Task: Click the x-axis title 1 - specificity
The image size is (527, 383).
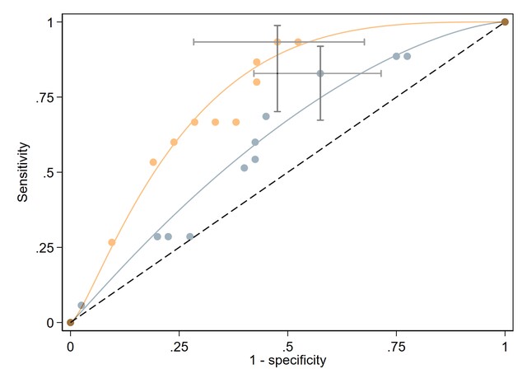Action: point(287,360)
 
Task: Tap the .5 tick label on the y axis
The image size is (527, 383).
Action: point(50,172)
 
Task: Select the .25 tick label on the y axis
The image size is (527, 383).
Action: point(48,247)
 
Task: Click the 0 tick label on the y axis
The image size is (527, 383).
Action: point(52,322)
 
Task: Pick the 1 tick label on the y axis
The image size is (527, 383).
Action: point(52,22)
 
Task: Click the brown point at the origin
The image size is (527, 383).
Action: point(71,322)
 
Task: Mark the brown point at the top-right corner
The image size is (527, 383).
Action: point(505,22)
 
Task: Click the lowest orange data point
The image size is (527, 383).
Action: point(112,242)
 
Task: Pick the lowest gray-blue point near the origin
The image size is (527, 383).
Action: point(82,305)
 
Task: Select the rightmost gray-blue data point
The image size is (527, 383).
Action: point(407,56)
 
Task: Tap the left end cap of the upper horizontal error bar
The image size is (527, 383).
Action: point(194,41)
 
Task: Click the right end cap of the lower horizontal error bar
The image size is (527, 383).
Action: point(381,73)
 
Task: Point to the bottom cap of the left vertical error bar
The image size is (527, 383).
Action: point(277,111)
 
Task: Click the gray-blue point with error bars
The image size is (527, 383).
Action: point(320,73)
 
